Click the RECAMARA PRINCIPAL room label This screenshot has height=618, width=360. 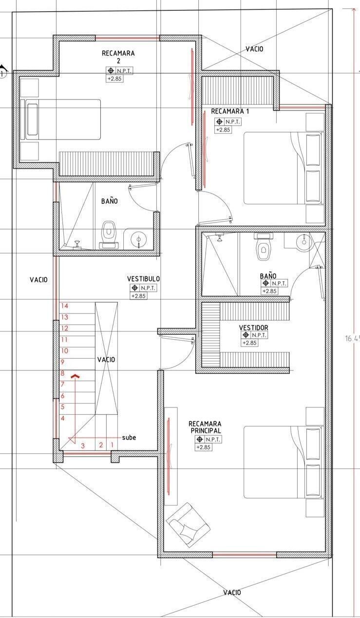pos(205,427)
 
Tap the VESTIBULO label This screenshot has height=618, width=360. pos(143,279)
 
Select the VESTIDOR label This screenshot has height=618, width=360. pos(253,328)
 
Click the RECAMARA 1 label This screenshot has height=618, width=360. pos(230,112)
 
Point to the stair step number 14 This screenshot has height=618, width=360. pos(65,306)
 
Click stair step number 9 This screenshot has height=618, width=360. pos(63,362)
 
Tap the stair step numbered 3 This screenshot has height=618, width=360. pos(83,446)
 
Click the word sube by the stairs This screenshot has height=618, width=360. pos(129,438)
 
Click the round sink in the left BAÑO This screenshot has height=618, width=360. pos(138,239)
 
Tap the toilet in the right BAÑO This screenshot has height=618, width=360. pos(264,247)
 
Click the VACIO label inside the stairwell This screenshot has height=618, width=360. pos(106,360)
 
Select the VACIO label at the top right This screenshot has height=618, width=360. pos(254,49)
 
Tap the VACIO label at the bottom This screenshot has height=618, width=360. pos(232,592)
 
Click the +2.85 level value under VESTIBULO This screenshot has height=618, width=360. pos(138,296)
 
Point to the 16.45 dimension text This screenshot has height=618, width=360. pos(352,339)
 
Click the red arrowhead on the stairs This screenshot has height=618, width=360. pos(76,376)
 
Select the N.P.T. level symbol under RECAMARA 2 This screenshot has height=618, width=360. pos(120,71)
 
